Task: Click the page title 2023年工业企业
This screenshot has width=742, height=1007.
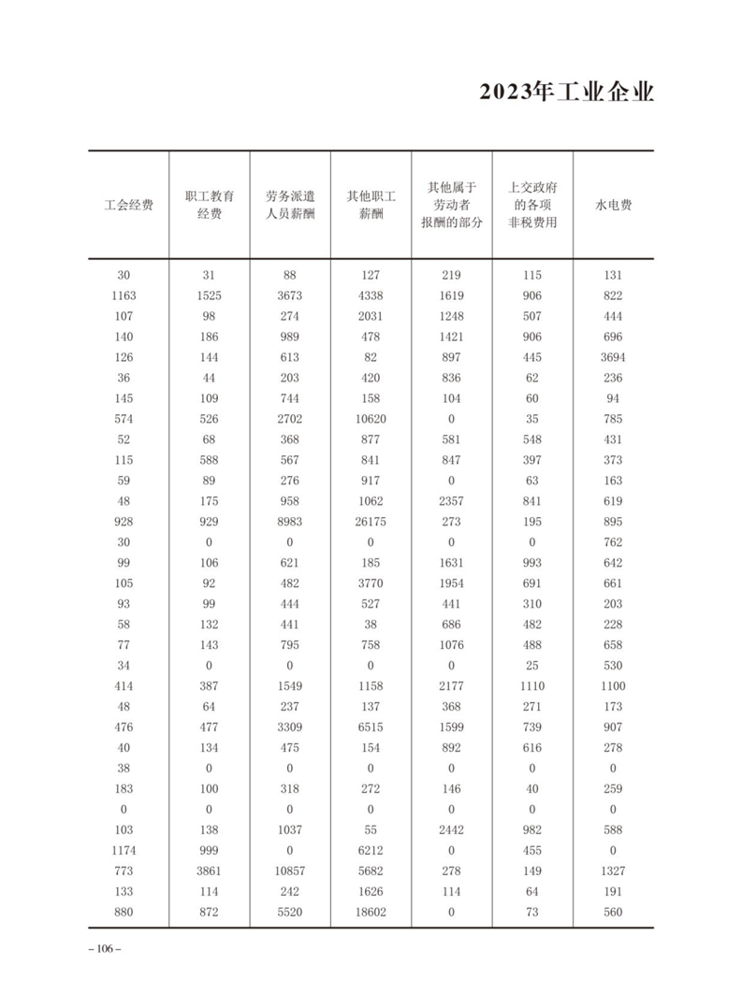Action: tap(566, 94)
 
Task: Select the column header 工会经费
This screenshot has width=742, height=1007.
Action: tap(128, 205)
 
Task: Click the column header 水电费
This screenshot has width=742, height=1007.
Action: tap(613, 205)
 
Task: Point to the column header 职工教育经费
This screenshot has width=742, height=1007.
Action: tap(209, 205)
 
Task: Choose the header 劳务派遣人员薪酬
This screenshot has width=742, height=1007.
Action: tap(289, 205)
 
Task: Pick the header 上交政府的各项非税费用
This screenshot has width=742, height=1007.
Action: tap(532, 205)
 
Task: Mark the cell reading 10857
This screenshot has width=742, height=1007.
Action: tap(289, 871)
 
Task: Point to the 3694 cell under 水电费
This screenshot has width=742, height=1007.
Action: tap(613, 357)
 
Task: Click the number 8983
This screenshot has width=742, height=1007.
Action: tap(289, 522)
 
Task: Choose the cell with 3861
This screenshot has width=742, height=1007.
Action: tap(209, 871)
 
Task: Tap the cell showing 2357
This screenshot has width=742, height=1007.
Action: tap(451, 501)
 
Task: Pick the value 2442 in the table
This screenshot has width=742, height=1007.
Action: tap(451, 830)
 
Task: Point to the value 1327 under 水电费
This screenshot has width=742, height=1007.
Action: tap(613, 871)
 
